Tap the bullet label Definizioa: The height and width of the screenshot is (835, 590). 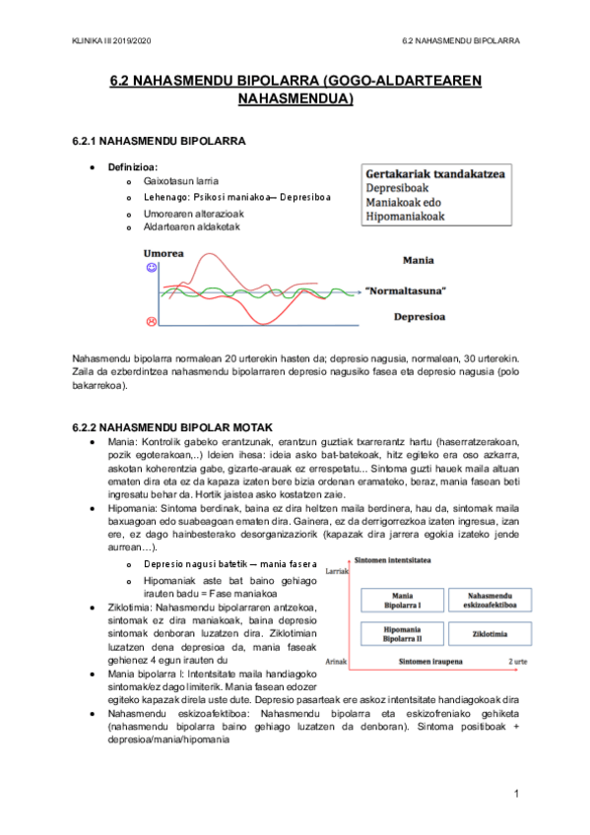[133, 167]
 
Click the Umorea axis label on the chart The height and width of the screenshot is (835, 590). [164, 253]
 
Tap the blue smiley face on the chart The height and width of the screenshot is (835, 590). [152, 268]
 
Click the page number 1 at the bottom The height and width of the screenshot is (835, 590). [515, 793]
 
